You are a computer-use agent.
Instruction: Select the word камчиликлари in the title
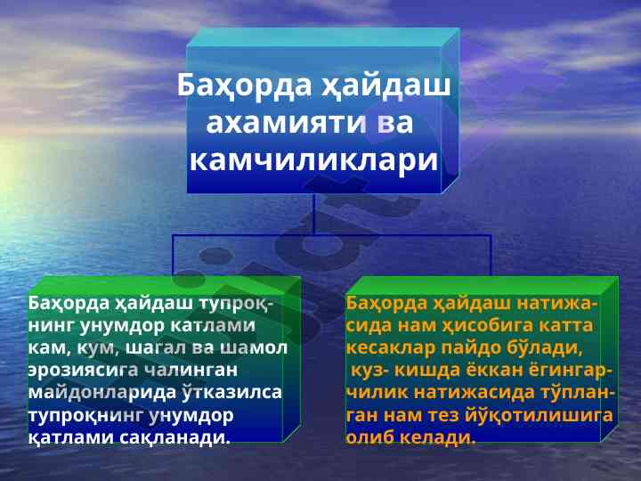314,160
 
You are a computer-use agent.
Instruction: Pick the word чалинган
191,370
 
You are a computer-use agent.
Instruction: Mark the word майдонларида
102,392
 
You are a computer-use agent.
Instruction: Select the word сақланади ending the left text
175,437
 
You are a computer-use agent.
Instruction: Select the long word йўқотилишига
539,415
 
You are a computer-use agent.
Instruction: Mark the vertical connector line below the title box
314,215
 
